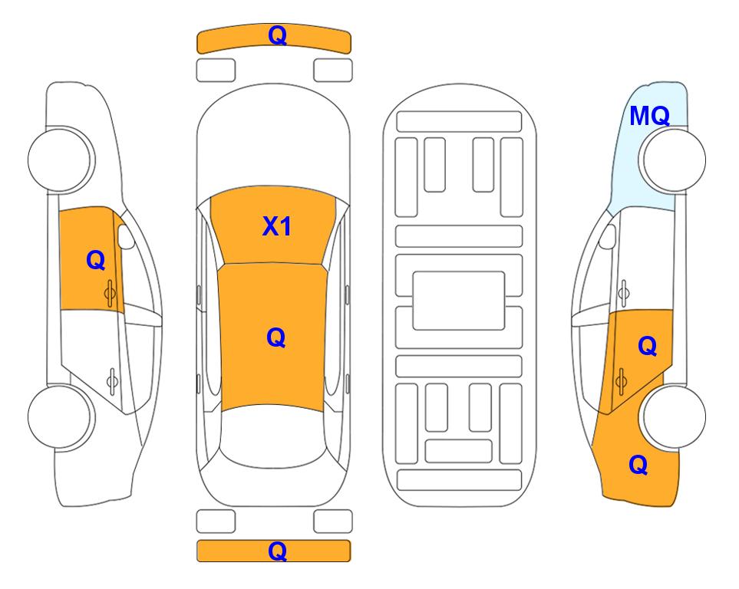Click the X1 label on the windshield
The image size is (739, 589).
point(277,226)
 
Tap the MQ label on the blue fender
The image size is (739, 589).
point(649,116)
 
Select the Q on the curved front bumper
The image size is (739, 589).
point(277,35)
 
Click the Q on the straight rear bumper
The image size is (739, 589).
point(277,551)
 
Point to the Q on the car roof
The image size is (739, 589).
point(276,337)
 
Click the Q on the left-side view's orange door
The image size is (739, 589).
point(96,260)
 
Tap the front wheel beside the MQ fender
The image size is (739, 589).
point(672,160)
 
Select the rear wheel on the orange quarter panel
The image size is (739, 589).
point(672,416)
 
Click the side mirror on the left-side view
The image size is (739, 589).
point(125,236)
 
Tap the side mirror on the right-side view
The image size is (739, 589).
point(608,236)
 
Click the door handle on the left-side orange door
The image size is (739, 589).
point(110,293)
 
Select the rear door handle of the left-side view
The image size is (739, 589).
point(112,380)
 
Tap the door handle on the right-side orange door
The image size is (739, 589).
point(621,381)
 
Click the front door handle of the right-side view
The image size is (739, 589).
point(623,293)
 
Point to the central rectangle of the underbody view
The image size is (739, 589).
point(459,301)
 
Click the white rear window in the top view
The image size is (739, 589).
point(273,436)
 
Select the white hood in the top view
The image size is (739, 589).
point(273,141)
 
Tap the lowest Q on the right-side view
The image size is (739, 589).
point(638,465)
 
